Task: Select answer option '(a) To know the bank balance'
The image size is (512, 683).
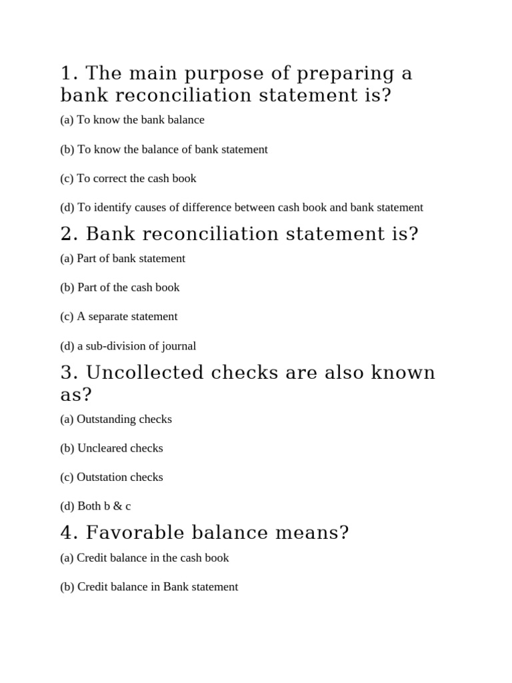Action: tap(132, 120)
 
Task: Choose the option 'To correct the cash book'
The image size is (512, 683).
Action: tap(128, 179)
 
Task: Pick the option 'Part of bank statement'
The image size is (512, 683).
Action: tap(123, 258)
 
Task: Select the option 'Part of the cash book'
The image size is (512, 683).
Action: tap(120, 287)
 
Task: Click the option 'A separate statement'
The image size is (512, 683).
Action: tap(119, 317)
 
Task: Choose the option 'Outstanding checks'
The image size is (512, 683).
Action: tap(116, 420)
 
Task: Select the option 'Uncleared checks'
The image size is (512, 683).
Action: tap(111, 448)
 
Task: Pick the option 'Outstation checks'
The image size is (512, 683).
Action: tap(111, 478)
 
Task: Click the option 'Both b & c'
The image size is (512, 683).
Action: tap(95, 506)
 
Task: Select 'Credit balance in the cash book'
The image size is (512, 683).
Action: tap(145, 558)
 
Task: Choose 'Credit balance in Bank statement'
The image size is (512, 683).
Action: tap(149, 587)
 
